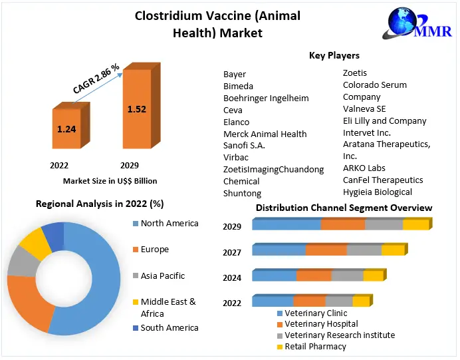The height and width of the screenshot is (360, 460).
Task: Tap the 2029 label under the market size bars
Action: point(129,164)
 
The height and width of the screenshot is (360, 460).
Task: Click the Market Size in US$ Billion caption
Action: point(110,180)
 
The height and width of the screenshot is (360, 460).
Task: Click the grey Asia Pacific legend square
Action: point(136,276)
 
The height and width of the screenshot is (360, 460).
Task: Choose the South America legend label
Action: point(170,327)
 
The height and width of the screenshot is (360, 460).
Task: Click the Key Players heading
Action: point(334,55)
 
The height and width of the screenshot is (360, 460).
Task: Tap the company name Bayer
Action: point(235,75)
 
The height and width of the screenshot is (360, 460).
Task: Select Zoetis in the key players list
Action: point(355,73)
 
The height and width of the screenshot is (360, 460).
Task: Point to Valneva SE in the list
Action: point(364,108)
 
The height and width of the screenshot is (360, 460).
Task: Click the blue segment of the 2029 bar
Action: point(287,225)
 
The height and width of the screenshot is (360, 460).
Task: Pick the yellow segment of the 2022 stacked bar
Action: point(361,301)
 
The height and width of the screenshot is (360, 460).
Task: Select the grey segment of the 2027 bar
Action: point(364,250)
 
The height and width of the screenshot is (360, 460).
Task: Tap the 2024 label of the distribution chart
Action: point(232,277)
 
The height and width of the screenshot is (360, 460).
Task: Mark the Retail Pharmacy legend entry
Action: point(315,346)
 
